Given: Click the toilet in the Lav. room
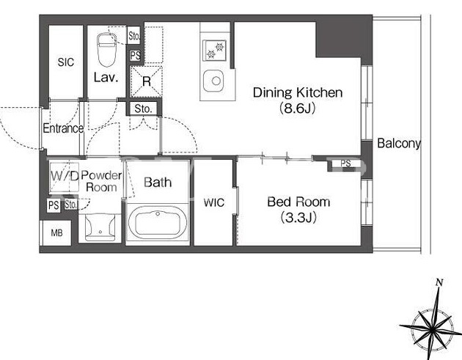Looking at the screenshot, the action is coord(106,50).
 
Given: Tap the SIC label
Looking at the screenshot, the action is coord(66,62).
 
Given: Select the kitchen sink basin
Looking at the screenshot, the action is coord(213,81).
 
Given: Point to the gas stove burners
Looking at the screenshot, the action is coord(214,50).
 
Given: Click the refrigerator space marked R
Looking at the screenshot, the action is coord(147,81).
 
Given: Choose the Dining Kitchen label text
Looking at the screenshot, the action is coord(298,92).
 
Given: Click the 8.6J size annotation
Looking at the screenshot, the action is coord(297,109).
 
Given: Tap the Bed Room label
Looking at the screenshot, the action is coord(298,202).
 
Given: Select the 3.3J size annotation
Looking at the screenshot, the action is coord(298,218).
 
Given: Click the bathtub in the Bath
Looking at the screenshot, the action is coord(158,223).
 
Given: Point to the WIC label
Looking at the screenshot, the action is coord(214,202).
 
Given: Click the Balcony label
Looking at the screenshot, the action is coord(399,144).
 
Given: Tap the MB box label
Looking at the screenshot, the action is coord(56,233).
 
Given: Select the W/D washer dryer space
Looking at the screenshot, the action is coord(65,177).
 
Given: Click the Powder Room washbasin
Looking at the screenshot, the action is coord(100,227).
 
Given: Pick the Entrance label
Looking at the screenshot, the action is coord(63,128).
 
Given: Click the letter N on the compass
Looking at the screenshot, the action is coord(439,282).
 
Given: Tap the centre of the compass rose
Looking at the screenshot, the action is coord(432,330).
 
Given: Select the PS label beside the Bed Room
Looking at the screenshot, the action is coord(345,164).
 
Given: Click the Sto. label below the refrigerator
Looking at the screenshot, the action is coord(143,109).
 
